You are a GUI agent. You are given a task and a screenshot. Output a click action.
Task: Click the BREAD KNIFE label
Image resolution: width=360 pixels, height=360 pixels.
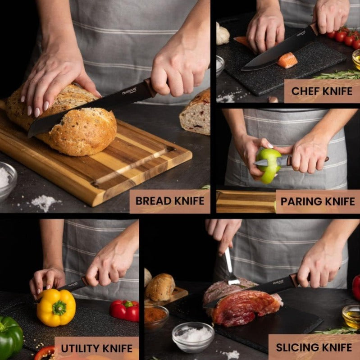[170, 201]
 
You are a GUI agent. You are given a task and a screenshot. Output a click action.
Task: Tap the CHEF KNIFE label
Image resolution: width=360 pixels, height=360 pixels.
[322, 91]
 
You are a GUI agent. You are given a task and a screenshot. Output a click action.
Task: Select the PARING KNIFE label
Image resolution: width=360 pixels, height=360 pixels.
[318, 201]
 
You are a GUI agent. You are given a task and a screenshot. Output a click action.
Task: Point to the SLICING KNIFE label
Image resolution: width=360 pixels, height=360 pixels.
[314, 347]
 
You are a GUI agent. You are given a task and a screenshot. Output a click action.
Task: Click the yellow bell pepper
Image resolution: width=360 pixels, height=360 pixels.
[56, 307]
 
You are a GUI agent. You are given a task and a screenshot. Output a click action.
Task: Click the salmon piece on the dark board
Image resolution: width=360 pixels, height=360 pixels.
[287, 60]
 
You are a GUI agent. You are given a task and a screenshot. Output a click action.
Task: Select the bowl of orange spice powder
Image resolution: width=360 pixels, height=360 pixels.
[156, 315]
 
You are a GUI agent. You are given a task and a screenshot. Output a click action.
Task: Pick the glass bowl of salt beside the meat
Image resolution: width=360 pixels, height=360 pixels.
[193, 336]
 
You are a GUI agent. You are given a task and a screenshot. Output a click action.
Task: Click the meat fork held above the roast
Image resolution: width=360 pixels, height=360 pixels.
[231, 268]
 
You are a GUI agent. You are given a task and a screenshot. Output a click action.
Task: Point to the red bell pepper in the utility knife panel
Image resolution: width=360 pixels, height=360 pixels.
[125, 310]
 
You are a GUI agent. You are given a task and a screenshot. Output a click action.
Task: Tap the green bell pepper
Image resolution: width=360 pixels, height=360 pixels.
[10, 336]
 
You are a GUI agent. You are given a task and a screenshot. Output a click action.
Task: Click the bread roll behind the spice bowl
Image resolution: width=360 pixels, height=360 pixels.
[159, 287]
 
